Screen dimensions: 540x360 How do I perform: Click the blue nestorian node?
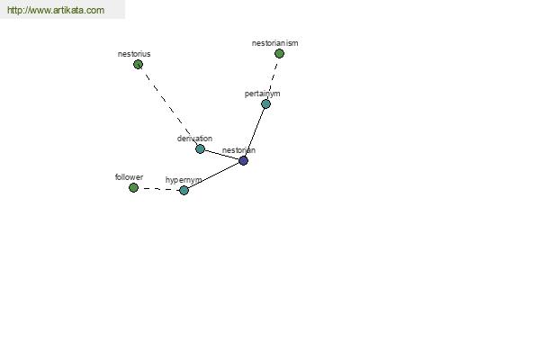243,160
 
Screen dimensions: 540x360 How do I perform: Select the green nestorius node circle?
138,65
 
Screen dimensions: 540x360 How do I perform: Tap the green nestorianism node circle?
279,53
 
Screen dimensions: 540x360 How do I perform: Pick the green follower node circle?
133,188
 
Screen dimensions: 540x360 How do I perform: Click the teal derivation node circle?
200,148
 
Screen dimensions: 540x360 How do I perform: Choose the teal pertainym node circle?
265,103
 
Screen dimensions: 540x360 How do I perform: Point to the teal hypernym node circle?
184,190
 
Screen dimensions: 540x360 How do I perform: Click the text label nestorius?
134,54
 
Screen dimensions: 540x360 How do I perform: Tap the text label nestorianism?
274,43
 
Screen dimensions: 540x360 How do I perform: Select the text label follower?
129,177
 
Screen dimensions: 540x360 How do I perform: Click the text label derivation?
194,139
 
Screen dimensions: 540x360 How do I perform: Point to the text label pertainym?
263,94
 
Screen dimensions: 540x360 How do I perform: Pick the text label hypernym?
184,180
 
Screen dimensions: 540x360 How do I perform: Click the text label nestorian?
238,150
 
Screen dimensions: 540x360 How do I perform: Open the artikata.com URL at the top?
56,10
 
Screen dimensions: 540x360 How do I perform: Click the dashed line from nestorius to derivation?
169,107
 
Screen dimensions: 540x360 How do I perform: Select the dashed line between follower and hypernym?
158,189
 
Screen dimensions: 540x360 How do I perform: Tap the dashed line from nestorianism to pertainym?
273,78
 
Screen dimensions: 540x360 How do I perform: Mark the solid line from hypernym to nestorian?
213,175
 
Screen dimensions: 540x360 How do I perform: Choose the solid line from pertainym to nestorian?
255,132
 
